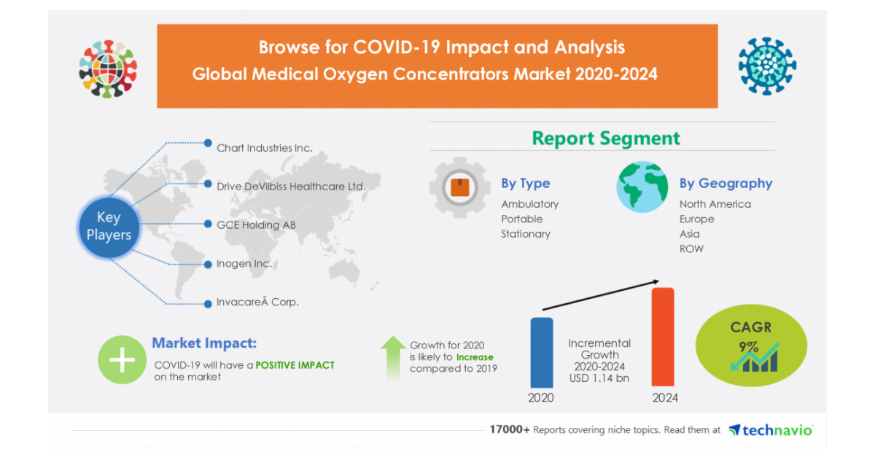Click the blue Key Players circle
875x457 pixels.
point(109,226)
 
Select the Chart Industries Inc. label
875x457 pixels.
point(264,148)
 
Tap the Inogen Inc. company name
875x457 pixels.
point(244,264)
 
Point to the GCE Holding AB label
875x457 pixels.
point(256,225)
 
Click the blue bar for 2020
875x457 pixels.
point(541,352)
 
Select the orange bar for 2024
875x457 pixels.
point(662,337)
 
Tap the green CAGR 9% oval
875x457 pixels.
point(751,346)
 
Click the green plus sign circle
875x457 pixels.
point(122,359)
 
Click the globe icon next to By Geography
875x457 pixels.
point(642,187)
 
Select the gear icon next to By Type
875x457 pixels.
point(459,188)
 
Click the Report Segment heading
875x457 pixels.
point(605,138)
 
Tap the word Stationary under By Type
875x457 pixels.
point(525,234)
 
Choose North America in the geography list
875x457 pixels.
point(715,204)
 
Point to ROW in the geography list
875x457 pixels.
point(691,249)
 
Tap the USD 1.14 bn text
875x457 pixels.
point(599,378)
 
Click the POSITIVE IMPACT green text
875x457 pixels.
point(295,364)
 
